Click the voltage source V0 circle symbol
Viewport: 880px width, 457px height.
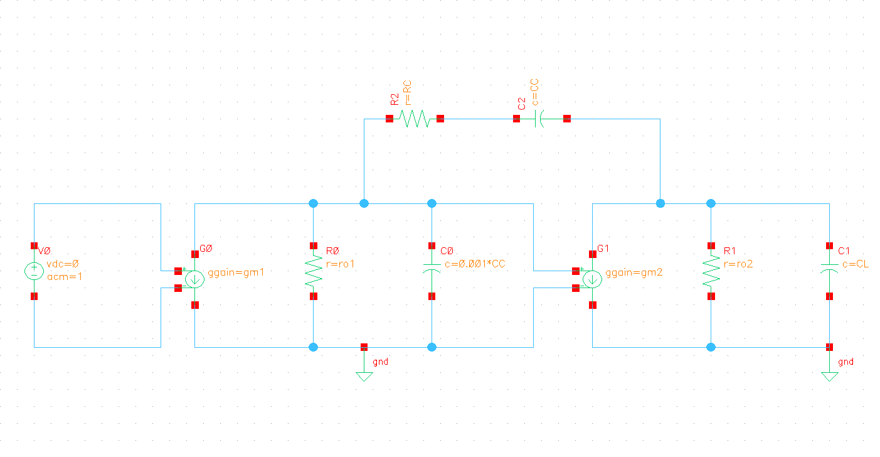tap(34, 271)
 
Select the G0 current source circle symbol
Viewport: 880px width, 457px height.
tap(195, 279)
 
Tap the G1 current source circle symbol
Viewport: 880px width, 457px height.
tap(593, 279)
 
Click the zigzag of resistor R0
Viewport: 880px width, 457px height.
tap(314, 271)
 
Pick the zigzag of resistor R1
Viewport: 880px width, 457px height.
tap(711, 271)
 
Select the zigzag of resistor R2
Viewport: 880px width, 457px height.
tap(415, 119)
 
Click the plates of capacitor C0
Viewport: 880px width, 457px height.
tap(432, 268)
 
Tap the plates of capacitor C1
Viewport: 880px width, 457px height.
tap(829, 268)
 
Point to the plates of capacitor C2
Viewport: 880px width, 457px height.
tap(539, 119)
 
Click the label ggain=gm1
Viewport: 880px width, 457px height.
tap(236, 272)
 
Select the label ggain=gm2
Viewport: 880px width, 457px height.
tap(634, 272)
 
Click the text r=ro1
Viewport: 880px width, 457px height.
tap(340, 264)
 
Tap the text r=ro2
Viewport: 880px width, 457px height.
tap(738, 264)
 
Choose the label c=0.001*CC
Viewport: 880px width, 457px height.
tap(475, 264)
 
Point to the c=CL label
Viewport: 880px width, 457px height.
tap(856, 264)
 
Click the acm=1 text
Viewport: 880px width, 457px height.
tap(65, 277)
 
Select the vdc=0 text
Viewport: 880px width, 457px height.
tap(63, 264)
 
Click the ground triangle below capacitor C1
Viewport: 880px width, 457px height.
tap(829, 377)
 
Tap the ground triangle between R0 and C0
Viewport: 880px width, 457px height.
tap(364, 377)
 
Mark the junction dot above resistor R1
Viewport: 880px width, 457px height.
tap(711, 203)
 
